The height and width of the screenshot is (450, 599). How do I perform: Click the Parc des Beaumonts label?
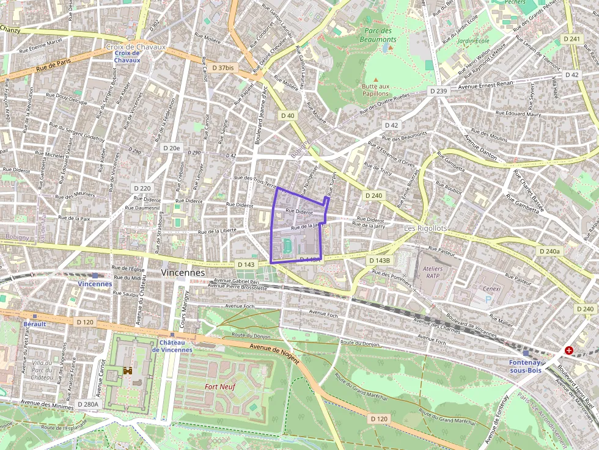[x=380, y=35]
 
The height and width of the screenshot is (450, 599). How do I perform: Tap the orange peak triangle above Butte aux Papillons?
[x=376, y=79]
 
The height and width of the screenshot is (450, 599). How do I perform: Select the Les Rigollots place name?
[x=425, y=228]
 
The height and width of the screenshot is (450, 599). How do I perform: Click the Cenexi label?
[x=491, y=289]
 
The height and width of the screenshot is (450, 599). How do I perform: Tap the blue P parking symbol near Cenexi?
[x=488, y=300]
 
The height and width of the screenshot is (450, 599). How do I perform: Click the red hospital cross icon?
[x=569, y=350]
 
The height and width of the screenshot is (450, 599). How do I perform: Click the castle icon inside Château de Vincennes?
[x=128, y=371]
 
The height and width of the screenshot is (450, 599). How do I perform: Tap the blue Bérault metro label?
[x=35, y=324]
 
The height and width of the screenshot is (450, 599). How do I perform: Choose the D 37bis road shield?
[x=220, y=67]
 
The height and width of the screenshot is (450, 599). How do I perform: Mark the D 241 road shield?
[x=573, y=39]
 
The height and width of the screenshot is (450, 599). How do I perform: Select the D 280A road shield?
[x=88, y=404]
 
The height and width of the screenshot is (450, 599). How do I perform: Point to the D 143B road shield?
[x=379, y=260]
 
